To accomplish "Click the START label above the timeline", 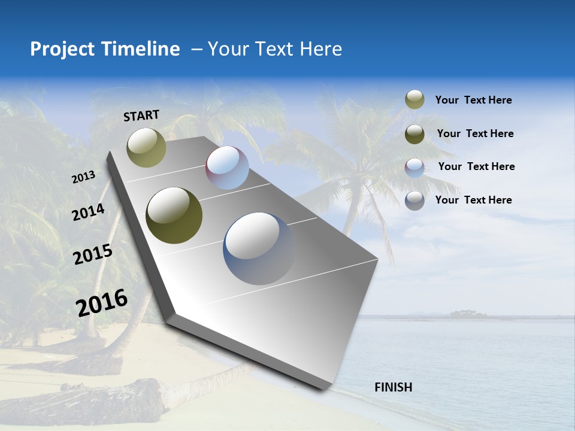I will click(141, 116).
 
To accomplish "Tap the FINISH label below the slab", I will click(394, 387).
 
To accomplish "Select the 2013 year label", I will click(83, 177).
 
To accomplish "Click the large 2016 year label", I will click(102, 303).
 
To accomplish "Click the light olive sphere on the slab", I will click(147, 147).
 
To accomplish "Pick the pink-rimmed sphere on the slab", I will click(227, 168).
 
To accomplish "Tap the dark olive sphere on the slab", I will click(174, 215).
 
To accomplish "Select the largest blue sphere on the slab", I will click(259, 248).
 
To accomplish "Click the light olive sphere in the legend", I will click(414, 100).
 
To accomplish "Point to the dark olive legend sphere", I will click(414, 134).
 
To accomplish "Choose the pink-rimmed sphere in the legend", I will click(414, 168).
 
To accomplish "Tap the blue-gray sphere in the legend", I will click(414, 201).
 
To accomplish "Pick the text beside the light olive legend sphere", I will click(473, 101).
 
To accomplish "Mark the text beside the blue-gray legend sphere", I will click(473, 200).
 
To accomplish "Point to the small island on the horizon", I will click(468, 314).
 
